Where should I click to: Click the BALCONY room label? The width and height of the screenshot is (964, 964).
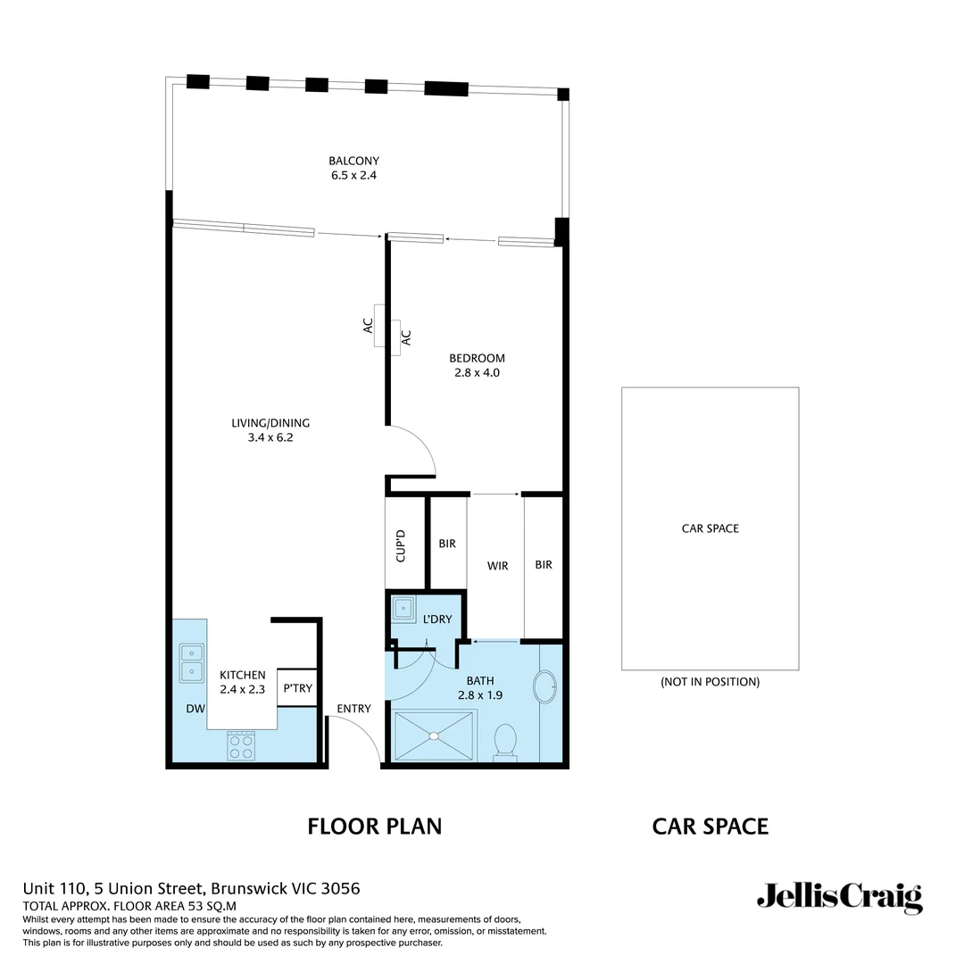pos(353,162)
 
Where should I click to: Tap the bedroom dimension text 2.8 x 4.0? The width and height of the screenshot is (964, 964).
pos(477,373)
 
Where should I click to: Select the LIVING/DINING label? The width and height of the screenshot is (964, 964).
pos(270,423)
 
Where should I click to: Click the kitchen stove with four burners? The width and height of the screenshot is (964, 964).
pos(241,745)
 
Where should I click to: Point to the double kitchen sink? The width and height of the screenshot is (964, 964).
pos(191,661)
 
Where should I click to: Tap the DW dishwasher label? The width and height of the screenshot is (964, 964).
pos(195,709)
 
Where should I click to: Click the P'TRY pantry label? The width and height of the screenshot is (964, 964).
pos(297,688)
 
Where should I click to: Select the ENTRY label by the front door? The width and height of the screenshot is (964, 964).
pos(353,709)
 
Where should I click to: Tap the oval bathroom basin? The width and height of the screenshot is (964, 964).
pos(544,688)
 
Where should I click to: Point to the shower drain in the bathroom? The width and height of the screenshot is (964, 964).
pos(434,735)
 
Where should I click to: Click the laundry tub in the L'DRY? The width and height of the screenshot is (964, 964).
pos(403,611)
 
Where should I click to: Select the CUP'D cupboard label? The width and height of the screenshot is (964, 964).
pos(402,545)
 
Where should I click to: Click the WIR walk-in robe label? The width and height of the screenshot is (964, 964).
pos(497,566)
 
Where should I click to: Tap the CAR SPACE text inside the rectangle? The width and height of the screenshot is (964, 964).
pos(710,528)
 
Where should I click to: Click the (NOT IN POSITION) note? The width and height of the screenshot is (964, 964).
pos(710,682)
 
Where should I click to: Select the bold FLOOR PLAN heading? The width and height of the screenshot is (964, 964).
pos(374,826)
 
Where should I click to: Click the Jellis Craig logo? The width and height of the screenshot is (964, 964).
pos(839,896)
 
